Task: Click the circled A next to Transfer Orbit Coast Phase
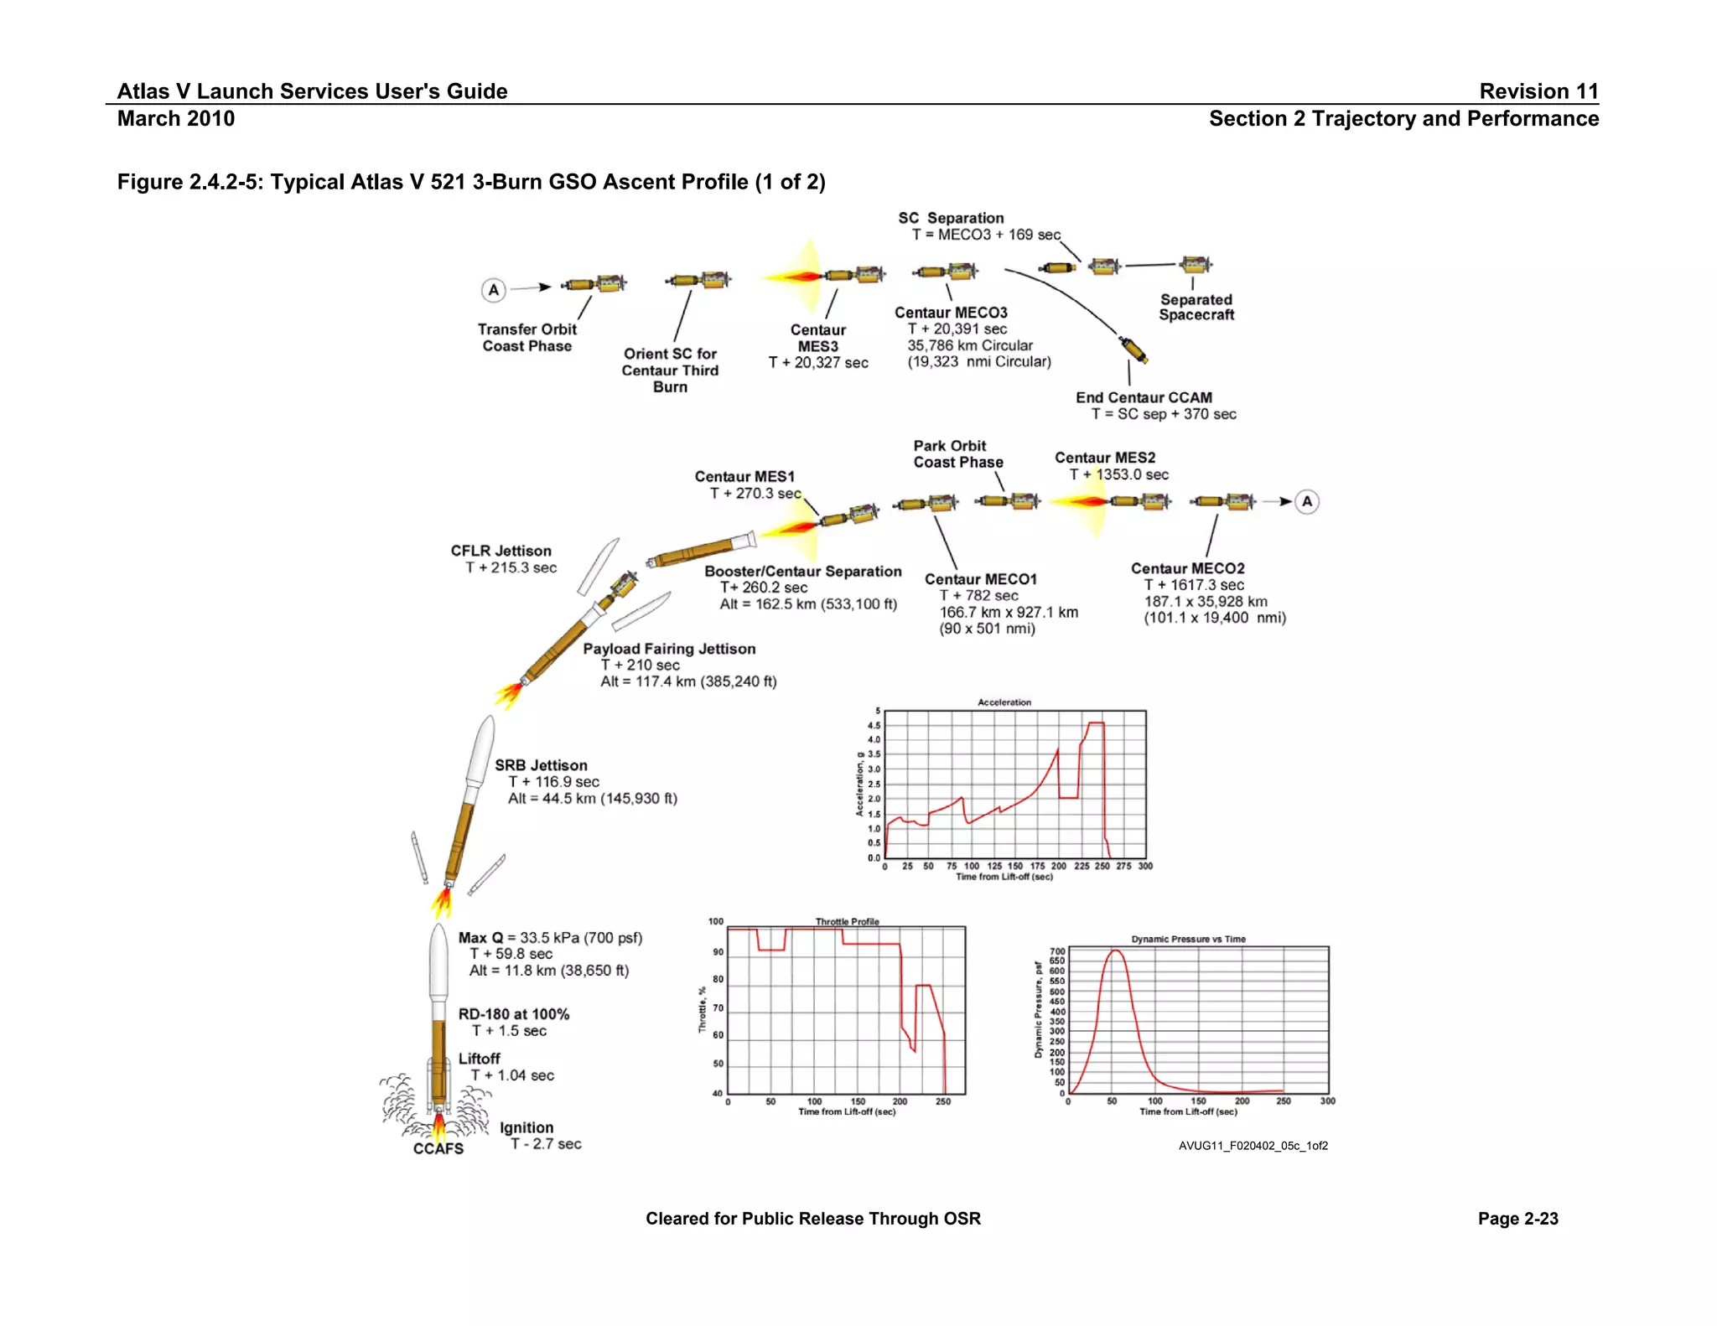point(494,290)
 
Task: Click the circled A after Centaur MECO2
point(1306,501)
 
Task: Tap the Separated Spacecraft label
point(1196,308)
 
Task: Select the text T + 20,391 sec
point(957,329)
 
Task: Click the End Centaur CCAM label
point(1144,397)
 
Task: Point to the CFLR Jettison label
point(501,551)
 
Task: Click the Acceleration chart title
point(1004,702)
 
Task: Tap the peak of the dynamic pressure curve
point(1115,951)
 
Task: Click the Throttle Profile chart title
point(847,921)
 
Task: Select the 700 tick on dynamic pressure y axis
point(1057,951)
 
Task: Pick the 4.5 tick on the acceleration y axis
point(874,725)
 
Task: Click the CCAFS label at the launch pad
point(438,1148)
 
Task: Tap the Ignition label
point(527,1127)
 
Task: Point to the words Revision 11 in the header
point(1538,91)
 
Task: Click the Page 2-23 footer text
point(1517,1219)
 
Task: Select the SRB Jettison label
point(541,765)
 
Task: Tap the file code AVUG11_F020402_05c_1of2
point(1253,1146)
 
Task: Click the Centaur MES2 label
point(1104,458)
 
